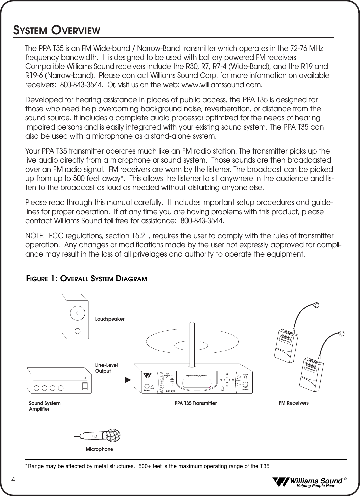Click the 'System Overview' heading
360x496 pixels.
[57, 30]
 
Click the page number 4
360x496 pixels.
[13, 480]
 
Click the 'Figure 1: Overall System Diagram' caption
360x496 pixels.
[87, 278]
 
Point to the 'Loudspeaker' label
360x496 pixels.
[110, 319]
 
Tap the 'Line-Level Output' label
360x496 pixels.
[106, 368]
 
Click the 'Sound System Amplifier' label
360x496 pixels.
[45, 406]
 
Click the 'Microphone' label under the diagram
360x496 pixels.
[99, 449]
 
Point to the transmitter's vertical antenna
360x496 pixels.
[191, 344]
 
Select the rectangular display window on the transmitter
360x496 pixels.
[197, 383]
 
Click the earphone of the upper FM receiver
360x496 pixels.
[317, 305]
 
